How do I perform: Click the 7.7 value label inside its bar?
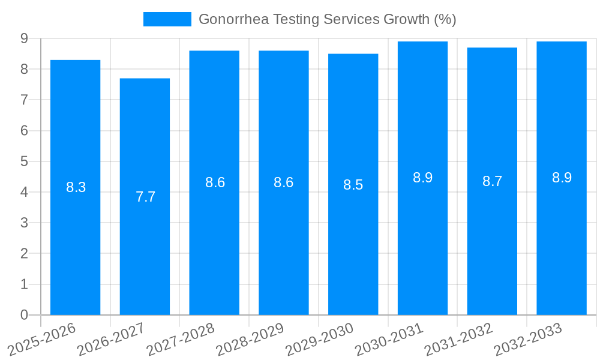[145, 197]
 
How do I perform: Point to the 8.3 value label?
[76, 187]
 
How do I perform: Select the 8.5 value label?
[353, 185]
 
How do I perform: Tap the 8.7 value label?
[492, 181]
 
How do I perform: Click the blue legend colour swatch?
[167, 19]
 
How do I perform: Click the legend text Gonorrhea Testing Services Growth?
[327, 19]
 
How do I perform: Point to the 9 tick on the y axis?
[24, 38]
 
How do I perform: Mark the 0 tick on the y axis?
[24, 315]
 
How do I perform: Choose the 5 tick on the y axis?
[24, 161]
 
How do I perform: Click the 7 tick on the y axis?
[24, 100]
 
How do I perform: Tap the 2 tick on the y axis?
[24, 253]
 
